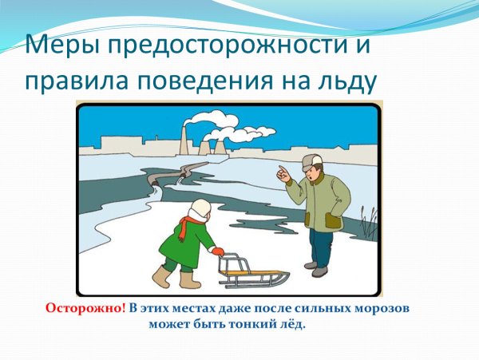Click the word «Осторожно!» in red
[85, 307]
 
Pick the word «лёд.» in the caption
[290, 324]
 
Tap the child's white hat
[199, 210]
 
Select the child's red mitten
[218, 251]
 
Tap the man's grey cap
[311, 162]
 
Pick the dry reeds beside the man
[368, 222]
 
